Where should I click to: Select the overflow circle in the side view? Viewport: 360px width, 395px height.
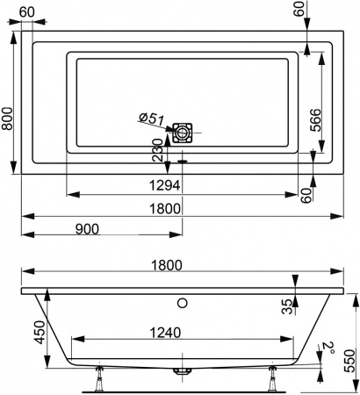(182, 305)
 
